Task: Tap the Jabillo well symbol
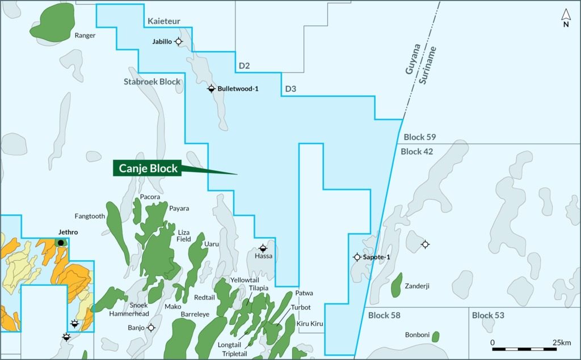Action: [x=179, y=41]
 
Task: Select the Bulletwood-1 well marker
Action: [x=211, y=88]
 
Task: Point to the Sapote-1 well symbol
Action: [x=357, y=257]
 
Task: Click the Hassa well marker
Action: [x=263, y=248]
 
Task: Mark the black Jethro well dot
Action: [x=61, y=243]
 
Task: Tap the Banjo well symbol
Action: [x=151, y=328]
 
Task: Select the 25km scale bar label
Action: [x=561, y=342]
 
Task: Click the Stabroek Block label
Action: [x=152, y=82]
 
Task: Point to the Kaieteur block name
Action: [x=164, y=22]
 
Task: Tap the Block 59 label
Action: [x=419, y=137]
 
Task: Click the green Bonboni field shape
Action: [x=435, y=337]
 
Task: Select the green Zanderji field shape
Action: [x=397, y=285]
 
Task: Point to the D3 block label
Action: [x=290, y=89]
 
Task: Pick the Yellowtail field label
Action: [x=245, y=280]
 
